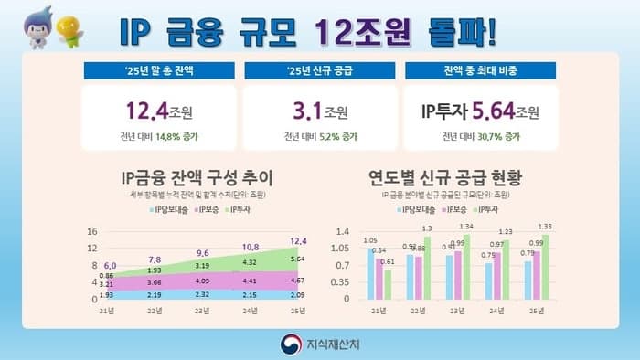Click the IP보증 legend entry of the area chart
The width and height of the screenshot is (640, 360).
pos(198,209)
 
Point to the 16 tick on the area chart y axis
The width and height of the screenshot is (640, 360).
pos(92,231)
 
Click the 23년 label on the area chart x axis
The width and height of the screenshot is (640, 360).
pos(203,312)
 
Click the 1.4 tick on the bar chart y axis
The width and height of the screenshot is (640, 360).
pos(344,231)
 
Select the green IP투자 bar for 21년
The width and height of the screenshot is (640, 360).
pos(388,284)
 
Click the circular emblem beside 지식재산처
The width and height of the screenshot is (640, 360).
pos(289,343)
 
